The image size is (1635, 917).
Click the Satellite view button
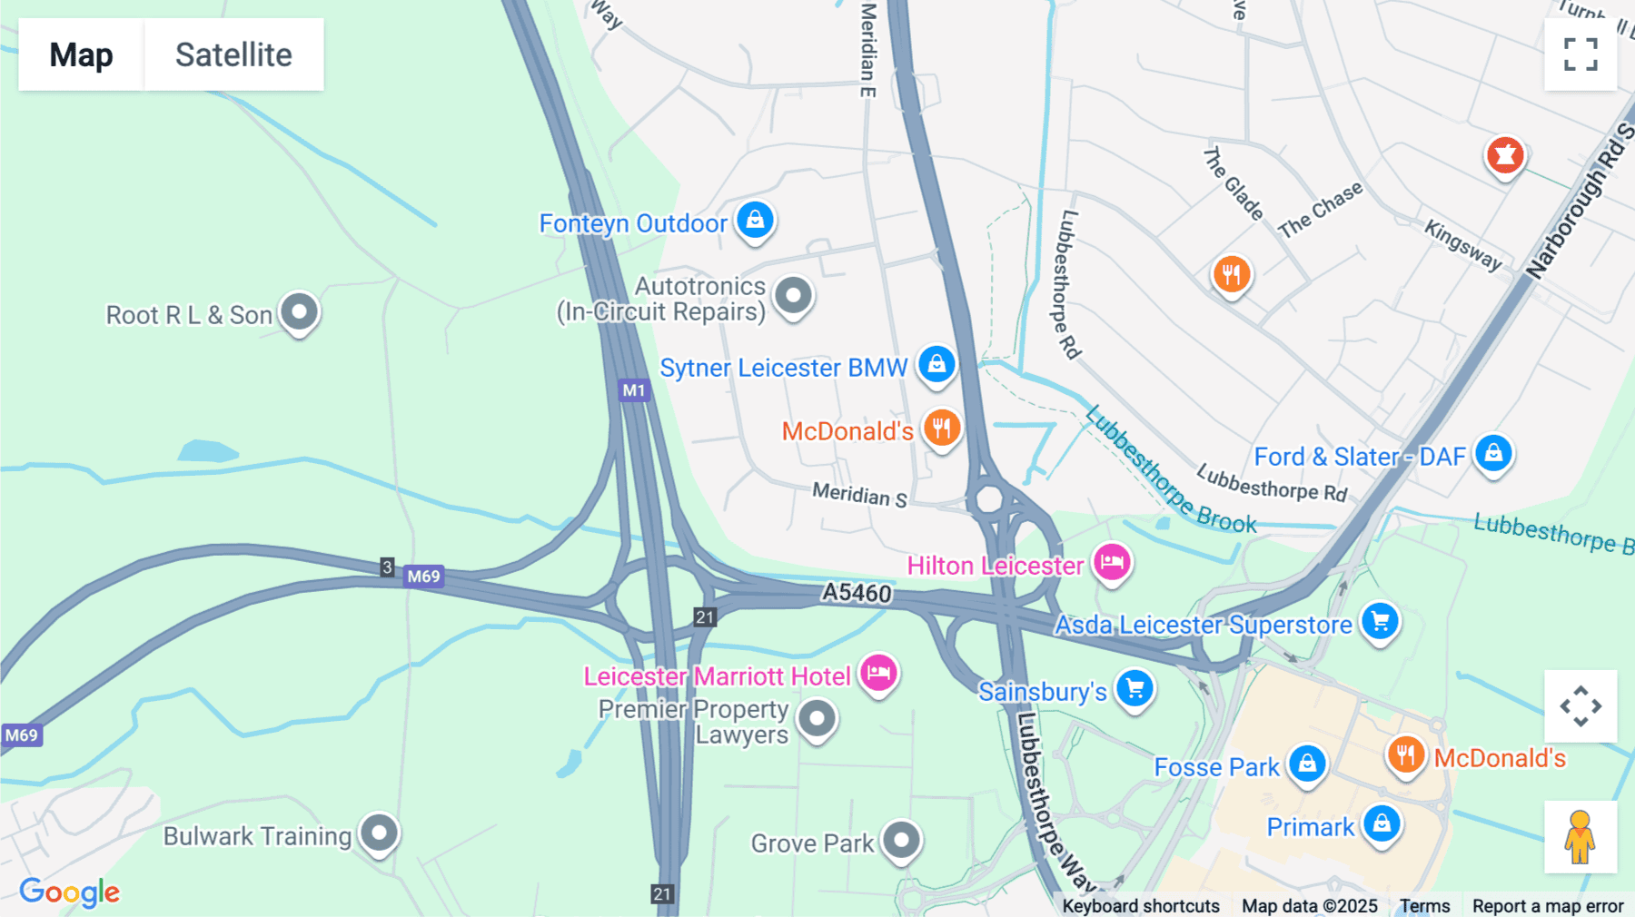(233, 54)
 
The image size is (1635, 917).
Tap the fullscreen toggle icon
(1580, 54)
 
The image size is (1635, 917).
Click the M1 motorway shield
(634, 390)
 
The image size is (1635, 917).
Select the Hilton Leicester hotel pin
(1112, 562)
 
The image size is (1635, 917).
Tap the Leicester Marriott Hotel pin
(878, 673)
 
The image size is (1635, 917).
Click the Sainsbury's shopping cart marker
(1135, 687)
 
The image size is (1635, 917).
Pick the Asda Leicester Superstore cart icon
(1380, 621)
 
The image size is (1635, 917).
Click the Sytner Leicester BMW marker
(936, 364)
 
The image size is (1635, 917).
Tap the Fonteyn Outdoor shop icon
(755, 220)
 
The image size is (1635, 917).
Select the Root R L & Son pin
(299, 311)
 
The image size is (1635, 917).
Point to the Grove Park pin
(901, 840)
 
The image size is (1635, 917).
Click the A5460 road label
(857, 593)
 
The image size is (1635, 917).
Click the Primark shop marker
(1382, 823)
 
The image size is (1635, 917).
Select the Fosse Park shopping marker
(1307, 764)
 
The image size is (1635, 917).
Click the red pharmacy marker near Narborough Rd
(1504, 155)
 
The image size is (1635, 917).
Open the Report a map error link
(1548, 906)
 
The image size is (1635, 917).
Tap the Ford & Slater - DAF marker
(1493, 452)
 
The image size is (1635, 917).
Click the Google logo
(70, 892)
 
